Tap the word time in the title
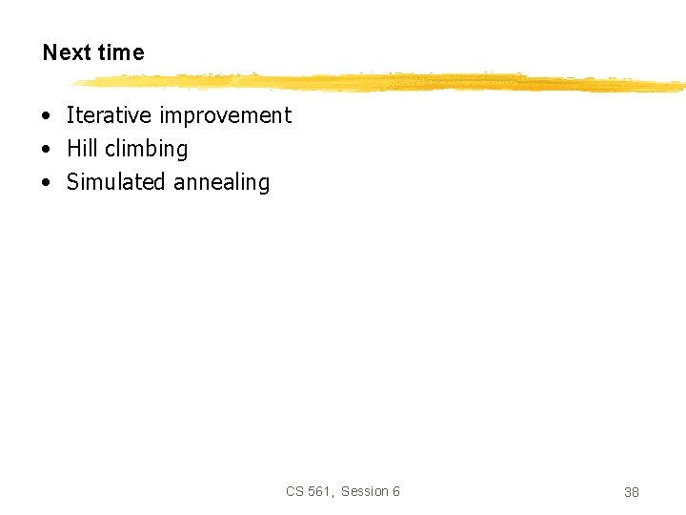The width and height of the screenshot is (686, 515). [120, 52]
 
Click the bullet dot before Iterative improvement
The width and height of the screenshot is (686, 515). [46, 116]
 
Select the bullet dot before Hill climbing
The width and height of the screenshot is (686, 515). [46, 150]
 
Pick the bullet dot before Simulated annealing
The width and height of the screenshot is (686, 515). [46, 183]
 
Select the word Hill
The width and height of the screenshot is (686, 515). [82, 149]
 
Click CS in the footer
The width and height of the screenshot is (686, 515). [294, 491]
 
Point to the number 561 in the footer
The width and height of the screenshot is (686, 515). [318, 491]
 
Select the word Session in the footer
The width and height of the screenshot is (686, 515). [365, 491]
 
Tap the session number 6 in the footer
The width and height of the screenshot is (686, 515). [396, 491]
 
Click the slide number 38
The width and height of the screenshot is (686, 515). [631, 492]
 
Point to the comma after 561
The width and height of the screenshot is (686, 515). [332, 495]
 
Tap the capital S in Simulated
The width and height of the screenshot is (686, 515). [72, 182]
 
